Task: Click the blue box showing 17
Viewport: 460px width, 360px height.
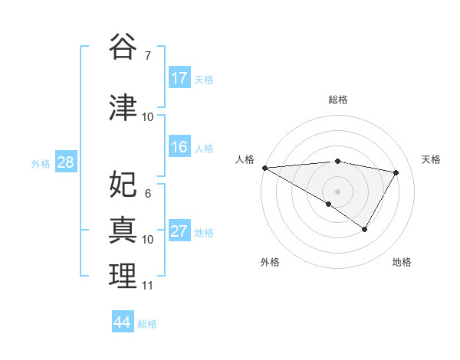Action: [179, 78]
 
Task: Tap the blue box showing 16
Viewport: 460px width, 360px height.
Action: [179, 148]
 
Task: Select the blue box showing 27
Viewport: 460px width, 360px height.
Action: [179, 232]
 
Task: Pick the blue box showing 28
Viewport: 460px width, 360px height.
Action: [65, 162]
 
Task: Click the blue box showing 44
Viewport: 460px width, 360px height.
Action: [123, 322]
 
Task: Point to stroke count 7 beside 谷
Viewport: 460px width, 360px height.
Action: [147, 55]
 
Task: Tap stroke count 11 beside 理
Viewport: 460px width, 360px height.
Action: [147, 286]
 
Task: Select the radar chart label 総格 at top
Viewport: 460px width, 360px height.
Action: [337, 100]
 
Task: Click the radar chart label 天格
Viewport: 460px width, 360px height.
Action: [432, 159]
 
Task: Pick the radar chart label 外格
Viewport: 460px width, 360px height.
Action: [270, 262]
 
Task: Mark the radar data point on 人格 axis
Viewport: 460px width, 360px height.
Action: [264, 168]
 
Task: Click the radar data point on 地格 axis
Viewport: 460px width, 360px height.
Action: [365, 229]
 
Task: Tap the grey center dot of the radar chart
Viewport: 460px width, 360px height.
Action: [337, 191]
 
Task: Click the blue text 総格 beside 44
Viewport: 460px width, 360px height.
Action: [147, 324]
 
